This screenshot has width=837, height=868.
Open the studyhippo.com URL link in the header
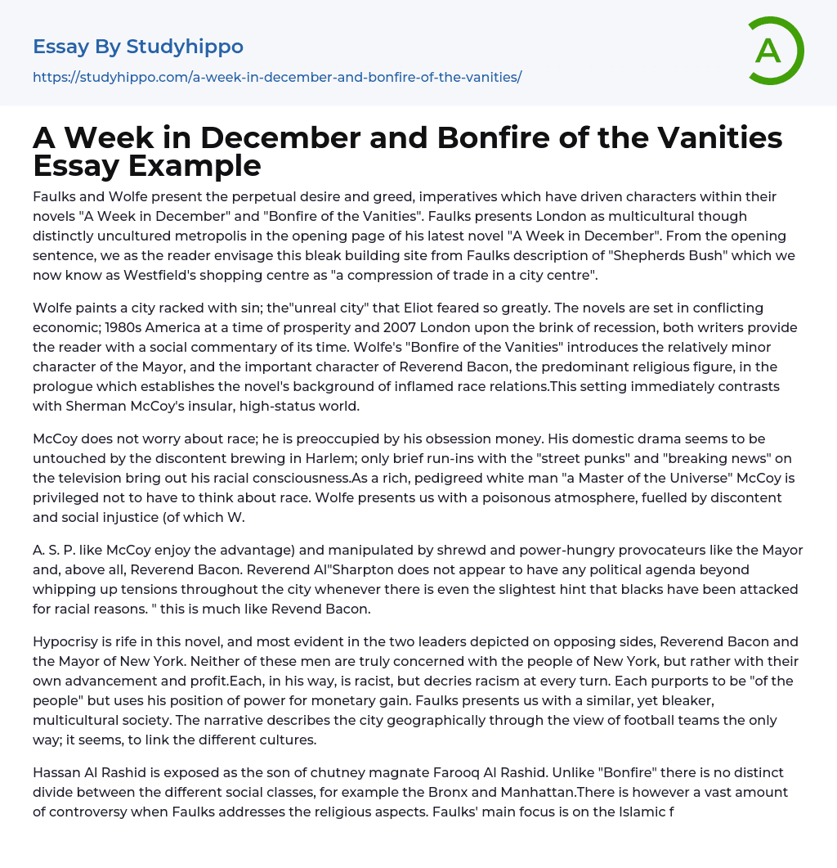coord(277,77)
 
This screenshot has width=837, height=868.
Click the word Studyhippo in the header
coord(185,47)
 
